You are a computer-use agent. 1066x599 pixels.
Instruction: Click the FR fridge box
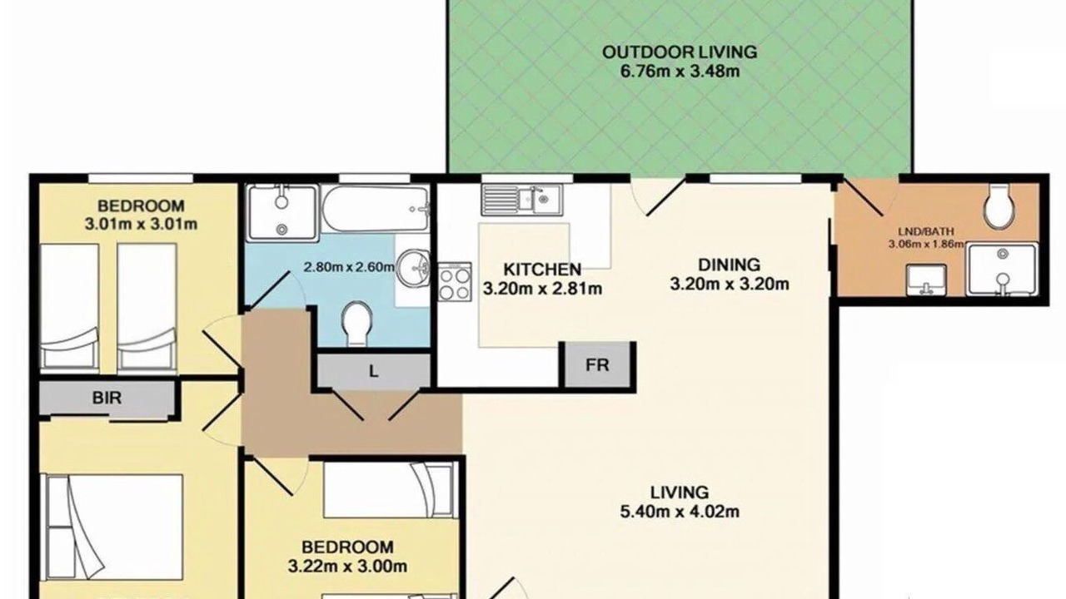point(598,365)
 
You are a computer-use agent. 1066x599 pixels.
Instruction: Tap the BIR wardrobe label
point(107,398)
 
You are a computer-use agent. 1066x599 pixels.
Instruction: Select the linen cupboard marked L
point(374,371)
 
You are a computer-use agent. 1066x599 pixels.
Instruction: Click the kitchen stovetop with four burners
point(455,282)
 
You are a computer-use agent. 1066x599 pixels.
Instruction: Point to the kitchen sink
point(522,199)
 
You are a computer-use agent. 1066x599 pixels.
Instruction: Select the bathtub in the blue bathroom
point(376,208)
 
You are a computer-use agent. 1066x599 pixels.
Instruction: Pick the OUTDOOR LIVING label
point(680,52)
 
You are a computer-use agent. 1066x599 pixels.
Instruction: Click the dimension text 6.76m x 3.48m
point(680,72)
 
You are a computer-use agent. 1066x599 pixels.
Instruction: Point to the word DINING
point(729,265)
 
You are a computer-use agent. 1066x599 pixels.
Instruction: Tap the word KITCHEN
point(542,270)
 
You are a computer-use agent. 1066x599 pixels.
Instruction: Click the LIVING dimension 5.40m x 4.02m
point(680,512)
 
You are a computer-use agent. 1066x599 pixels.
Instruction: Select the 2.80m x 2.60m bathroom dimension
point(349,267)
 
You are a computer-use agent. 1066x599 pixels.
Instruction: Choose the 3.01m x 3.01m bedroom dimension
point(141,224)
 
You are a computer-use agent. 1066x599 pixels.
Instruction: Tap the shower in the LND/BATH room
point(1002,269)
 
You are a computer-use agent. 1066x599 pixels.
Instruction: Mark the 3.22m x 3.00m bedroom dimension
point(347,567)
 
